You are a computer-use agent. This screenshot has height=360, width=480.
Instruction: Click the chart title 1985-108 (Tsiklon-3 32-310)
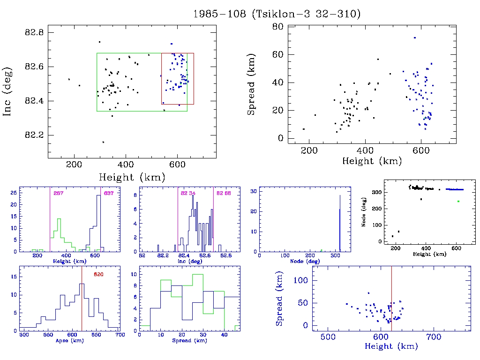(277, 14)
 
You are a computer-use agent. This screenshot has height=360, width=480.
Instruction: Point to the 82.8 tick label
(34, 32)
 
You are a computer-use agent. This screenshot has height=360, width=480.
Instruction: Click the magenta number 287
(59, 193)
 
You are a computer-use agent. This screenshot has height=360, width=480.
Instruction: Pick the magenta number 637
(109, 193)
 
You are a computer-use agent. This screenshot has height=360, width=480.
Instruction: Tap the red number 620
(98, 274)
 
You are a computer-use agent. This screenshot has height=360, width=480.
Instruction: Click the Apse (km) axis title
(69, 341)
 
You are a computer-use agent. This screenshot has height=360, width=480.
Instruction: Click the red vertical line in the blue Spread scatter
(391, 300)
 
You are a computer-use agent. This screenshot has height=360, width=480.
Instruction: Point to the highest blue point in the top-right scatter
(414, 37)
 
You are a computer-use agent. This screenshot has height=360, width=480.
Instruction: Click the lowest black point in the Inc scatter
(103, 142)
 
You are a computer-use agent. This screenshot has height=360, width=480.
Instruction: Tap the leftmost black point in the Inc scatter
(69, 79)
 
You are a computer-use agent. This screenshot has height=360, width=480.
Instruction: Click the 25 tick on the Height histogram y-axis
(15, 193)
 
